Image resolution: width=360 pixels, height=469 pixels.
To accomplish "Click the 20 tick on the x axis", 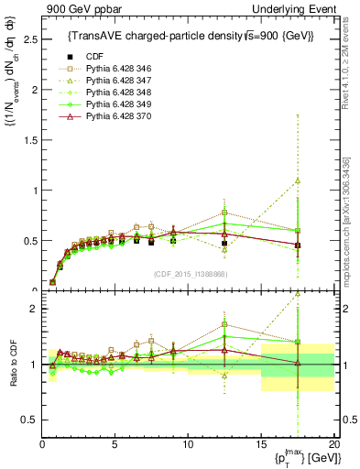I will click(x=333, y=444).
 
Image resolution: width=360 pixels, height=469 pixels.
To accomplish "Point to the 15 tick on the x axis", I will click(x=261, y=444).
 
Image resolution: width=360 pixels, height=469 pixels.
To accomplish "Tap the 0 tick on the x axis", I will click(x=42, y=444).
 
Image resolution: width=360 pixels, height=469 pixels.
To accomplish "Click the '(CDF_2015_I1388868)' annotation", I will click(x=191, y=274).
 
